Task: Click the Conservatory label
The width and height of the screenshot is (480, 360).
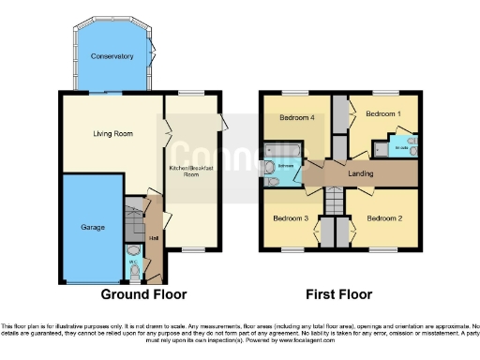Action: click(x=112, y=57)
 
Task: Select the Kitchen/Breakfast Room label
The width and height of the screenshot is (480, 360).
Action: click(x=190, y=171)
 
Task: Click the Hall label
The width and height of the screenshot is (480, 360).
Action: click(x=153, y=237)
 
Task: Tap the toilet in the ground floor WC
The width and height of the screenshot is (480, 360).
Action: click(x=133, y=271)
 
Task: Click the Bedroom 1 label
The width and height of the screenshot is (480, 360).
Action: click(x=382, y=113)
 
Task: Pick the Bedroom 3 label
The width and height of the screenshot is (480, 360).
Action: click(x=290, y=218)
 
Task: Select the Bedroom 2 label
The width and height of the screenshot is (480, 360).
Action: click(x=383, y=218)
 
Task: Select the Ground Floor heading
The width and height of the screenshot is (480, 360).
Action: click(x=144, y=294)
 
